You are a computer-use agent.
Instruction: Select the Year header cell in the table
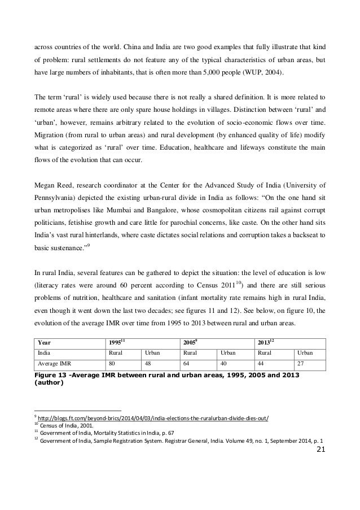[43, 342]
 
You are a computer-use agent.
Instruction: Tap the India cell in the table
[43, 353]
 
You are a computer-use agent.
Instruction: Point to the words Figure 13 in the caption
[50, 376]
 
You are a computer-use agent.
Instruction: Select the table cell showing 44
[261, 364]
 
